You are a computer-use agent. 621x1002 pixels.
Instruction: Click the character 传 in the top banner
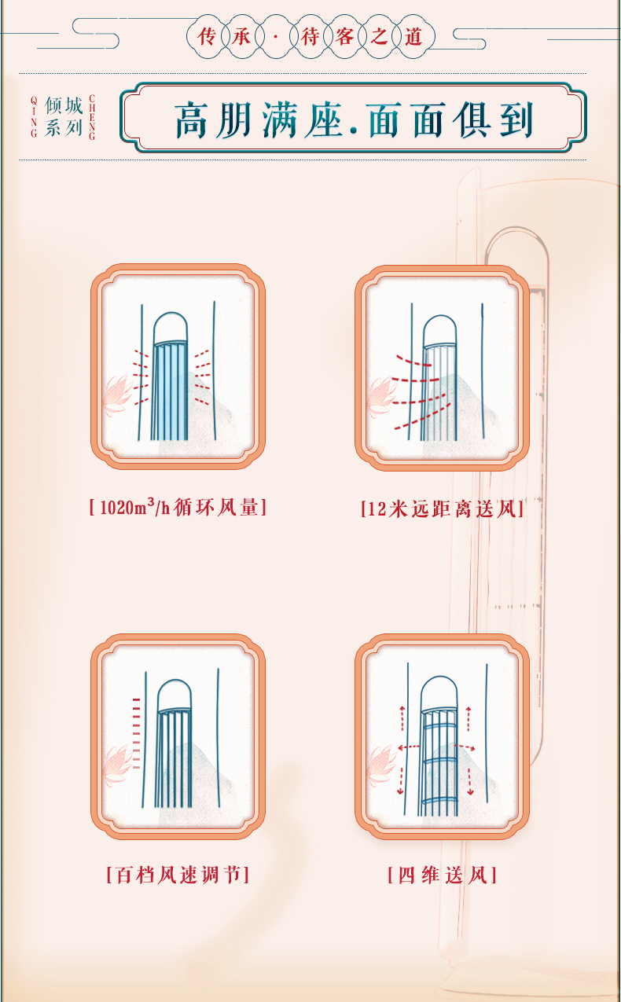206,37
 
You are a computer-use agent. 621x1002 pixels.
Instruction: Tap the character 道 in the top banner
413,37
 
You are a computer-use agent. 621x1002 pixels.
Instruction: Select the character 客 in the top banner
344,37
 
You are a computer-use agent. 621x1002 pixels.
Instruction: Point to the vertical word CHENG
92,117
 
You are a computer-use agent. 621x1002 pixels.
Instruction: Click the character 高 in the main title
193,119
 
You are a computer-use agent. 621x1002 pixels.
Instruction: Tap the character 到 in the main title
516,119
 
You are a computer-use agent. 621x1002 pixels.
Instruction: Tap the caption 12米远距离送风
443,509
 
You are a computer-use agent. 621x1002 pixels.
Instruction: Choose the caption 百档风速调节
178,875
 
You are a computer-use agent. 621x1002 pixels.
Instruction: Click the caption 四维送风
443,875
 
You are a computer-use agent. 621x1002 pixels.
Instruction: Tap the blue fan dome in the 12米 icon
439,330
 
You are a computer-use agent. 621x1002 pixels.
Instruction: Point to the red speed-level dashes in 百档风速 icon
137,733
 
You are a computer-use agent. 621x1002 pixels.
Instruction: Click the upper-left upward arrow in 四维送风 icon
402,718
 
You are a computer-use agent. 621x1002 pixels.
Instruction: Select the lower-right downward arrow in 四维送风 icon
470,781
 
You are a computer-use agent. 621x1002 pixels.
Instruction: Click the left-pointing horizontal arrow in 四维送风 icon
409,747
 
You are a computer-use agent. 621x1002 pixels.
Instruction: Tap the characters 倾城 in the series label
64,106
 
